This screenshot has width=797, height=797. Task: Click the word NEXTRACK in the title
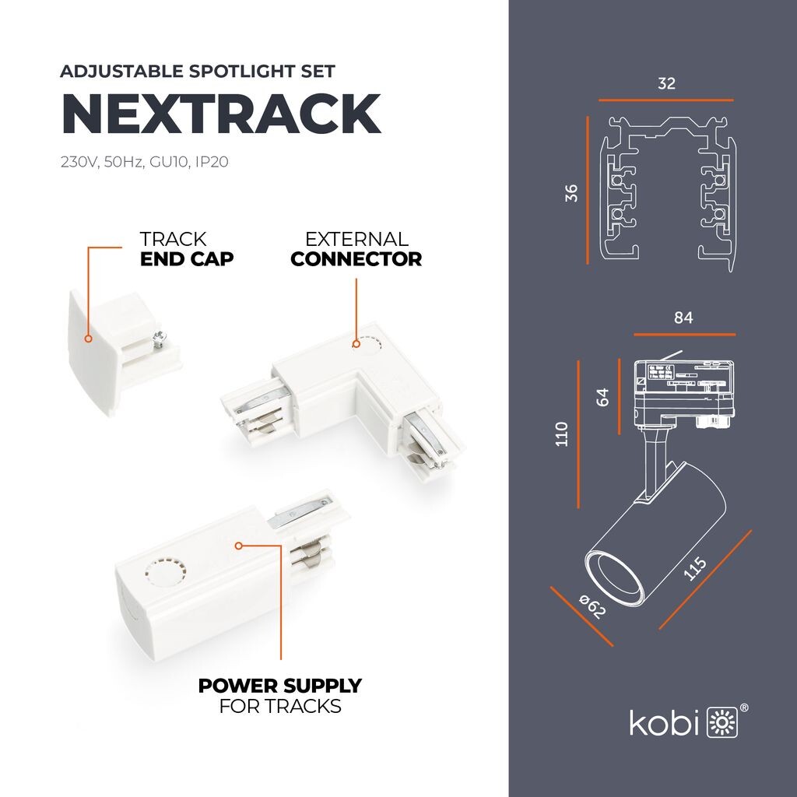(x=221, y=114)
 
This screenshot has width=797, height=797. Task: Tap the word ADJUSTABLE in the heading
(x=122, y=71)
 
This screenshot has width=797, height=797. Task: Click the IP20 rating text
(x=212, y=162)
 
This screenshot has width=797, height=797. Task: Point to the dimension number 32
(x=666, y=83)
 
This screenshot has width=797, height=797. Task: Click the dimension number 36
(x=571, y=193)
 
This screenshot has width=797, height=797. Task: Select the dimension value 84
(x=683, y=318)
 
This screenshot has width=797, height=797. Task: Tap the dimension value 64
(x=602, y=397)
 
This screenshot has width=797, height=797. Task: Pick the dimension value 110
(x=562, y=434)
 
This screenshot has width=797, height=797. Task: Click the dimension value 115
(x=695, y=568)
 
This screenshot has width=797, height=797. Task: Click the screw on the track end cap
(x=159, y=339)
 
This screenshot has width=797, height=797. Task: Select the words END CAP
(x=187, y=259)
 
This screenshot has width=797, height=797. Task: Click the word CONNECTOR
(x=356, y=259)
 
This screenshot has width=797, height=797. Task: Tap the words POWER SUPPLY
(x=280, y=686)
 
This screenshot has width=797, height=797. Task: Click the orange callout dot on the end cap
(x=89, y=339)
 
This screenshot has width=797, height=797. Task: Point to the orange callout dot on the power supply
(x=239, y=546)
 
